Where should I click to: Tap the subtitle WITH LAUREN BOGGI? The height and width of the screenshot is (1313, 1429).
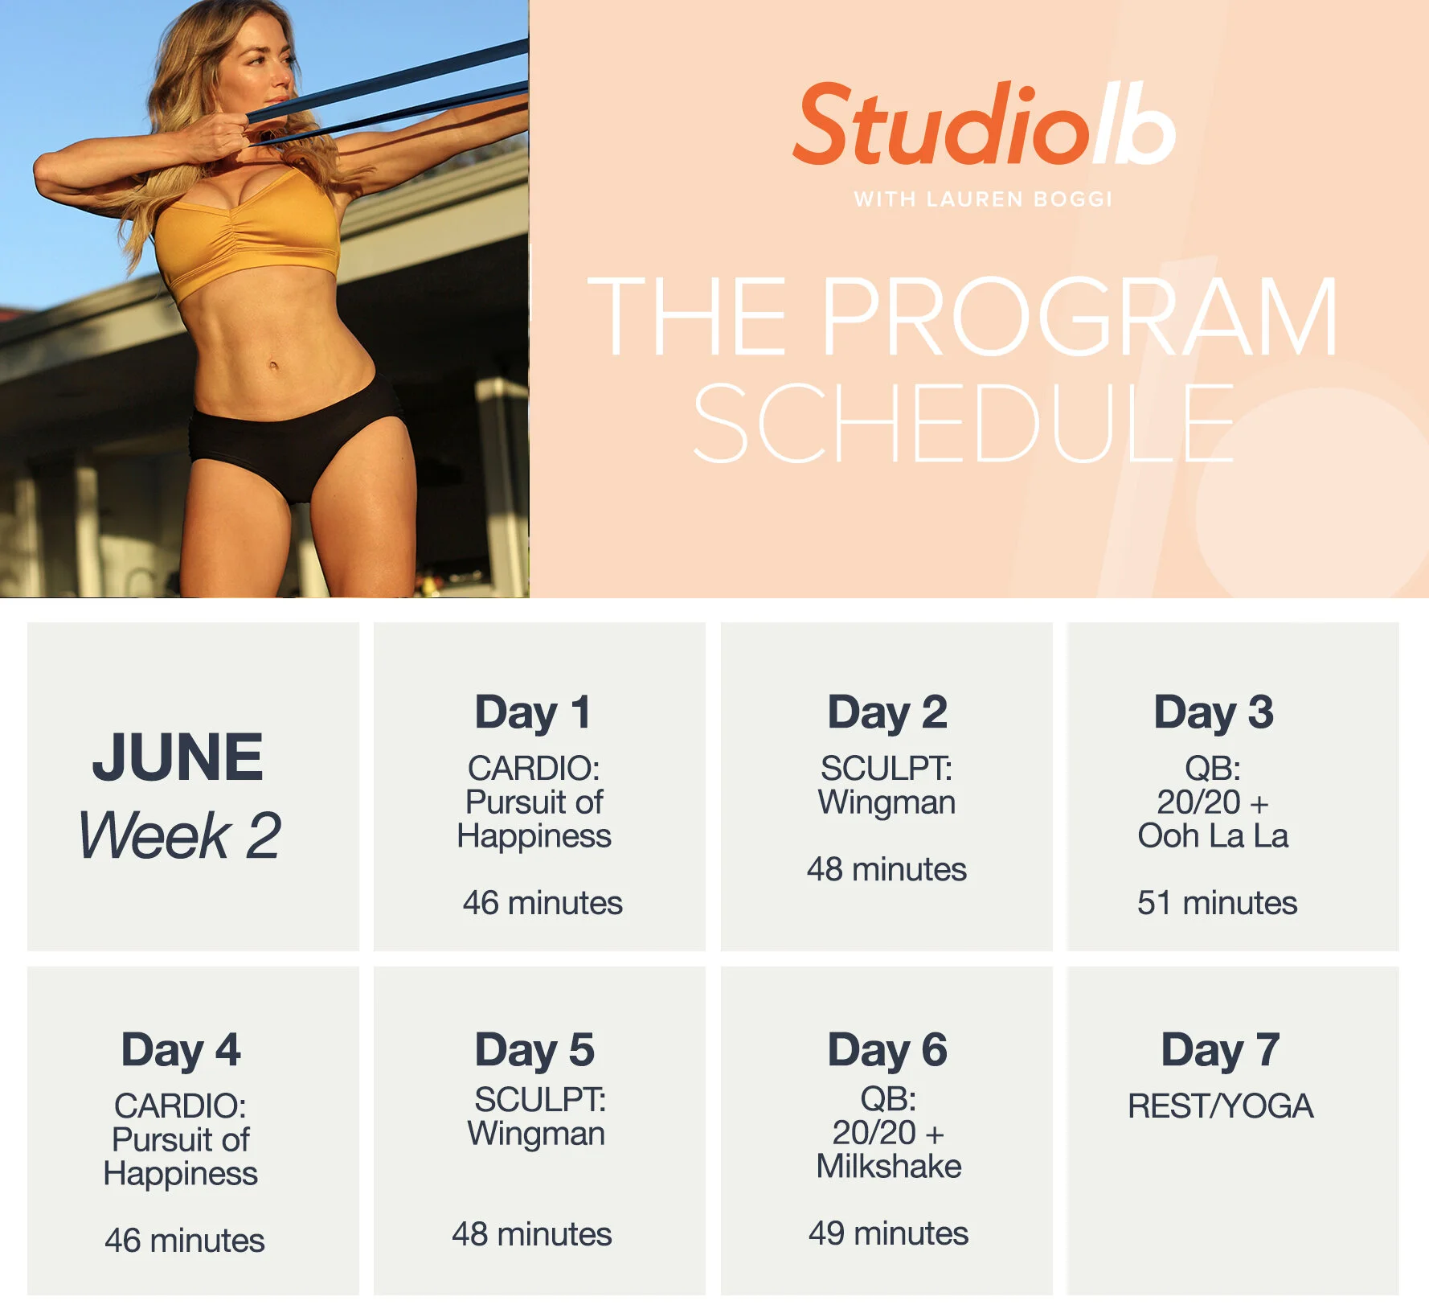982,199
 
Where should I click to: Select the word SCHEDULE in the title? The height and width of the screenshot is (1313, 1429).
963,424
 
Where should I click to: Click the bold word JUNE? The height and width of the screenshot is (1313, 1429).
178,757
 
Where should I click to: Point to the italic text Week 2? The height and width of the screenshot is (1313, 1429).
179,835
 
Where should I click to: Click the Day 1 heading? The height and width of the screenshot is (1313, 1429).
534,712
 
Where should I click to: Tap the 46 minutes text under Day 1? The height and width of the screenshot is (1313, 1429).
543,903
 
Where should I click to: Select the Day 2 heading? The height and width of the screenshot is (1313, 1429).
887,712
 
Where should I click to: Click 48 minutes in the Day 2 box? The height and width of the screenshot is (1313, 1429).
886,869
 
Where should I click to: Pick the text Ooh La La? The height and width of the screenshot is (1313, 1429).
1213,836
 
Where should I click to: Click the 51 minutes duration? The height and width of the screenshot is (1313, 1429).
1217,903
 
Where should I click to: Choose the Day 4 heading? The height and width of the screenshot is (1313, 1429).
181,1049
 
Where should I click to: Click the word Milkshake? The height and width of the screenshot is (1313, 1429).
889,1166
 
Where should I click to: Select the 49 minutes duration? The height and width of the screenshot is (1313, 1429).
888,1233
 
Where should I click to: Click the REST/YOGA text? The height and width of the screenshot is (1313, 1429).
1220,1106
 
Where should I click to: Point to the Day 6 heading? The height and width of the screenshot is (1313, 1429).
887,1049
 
